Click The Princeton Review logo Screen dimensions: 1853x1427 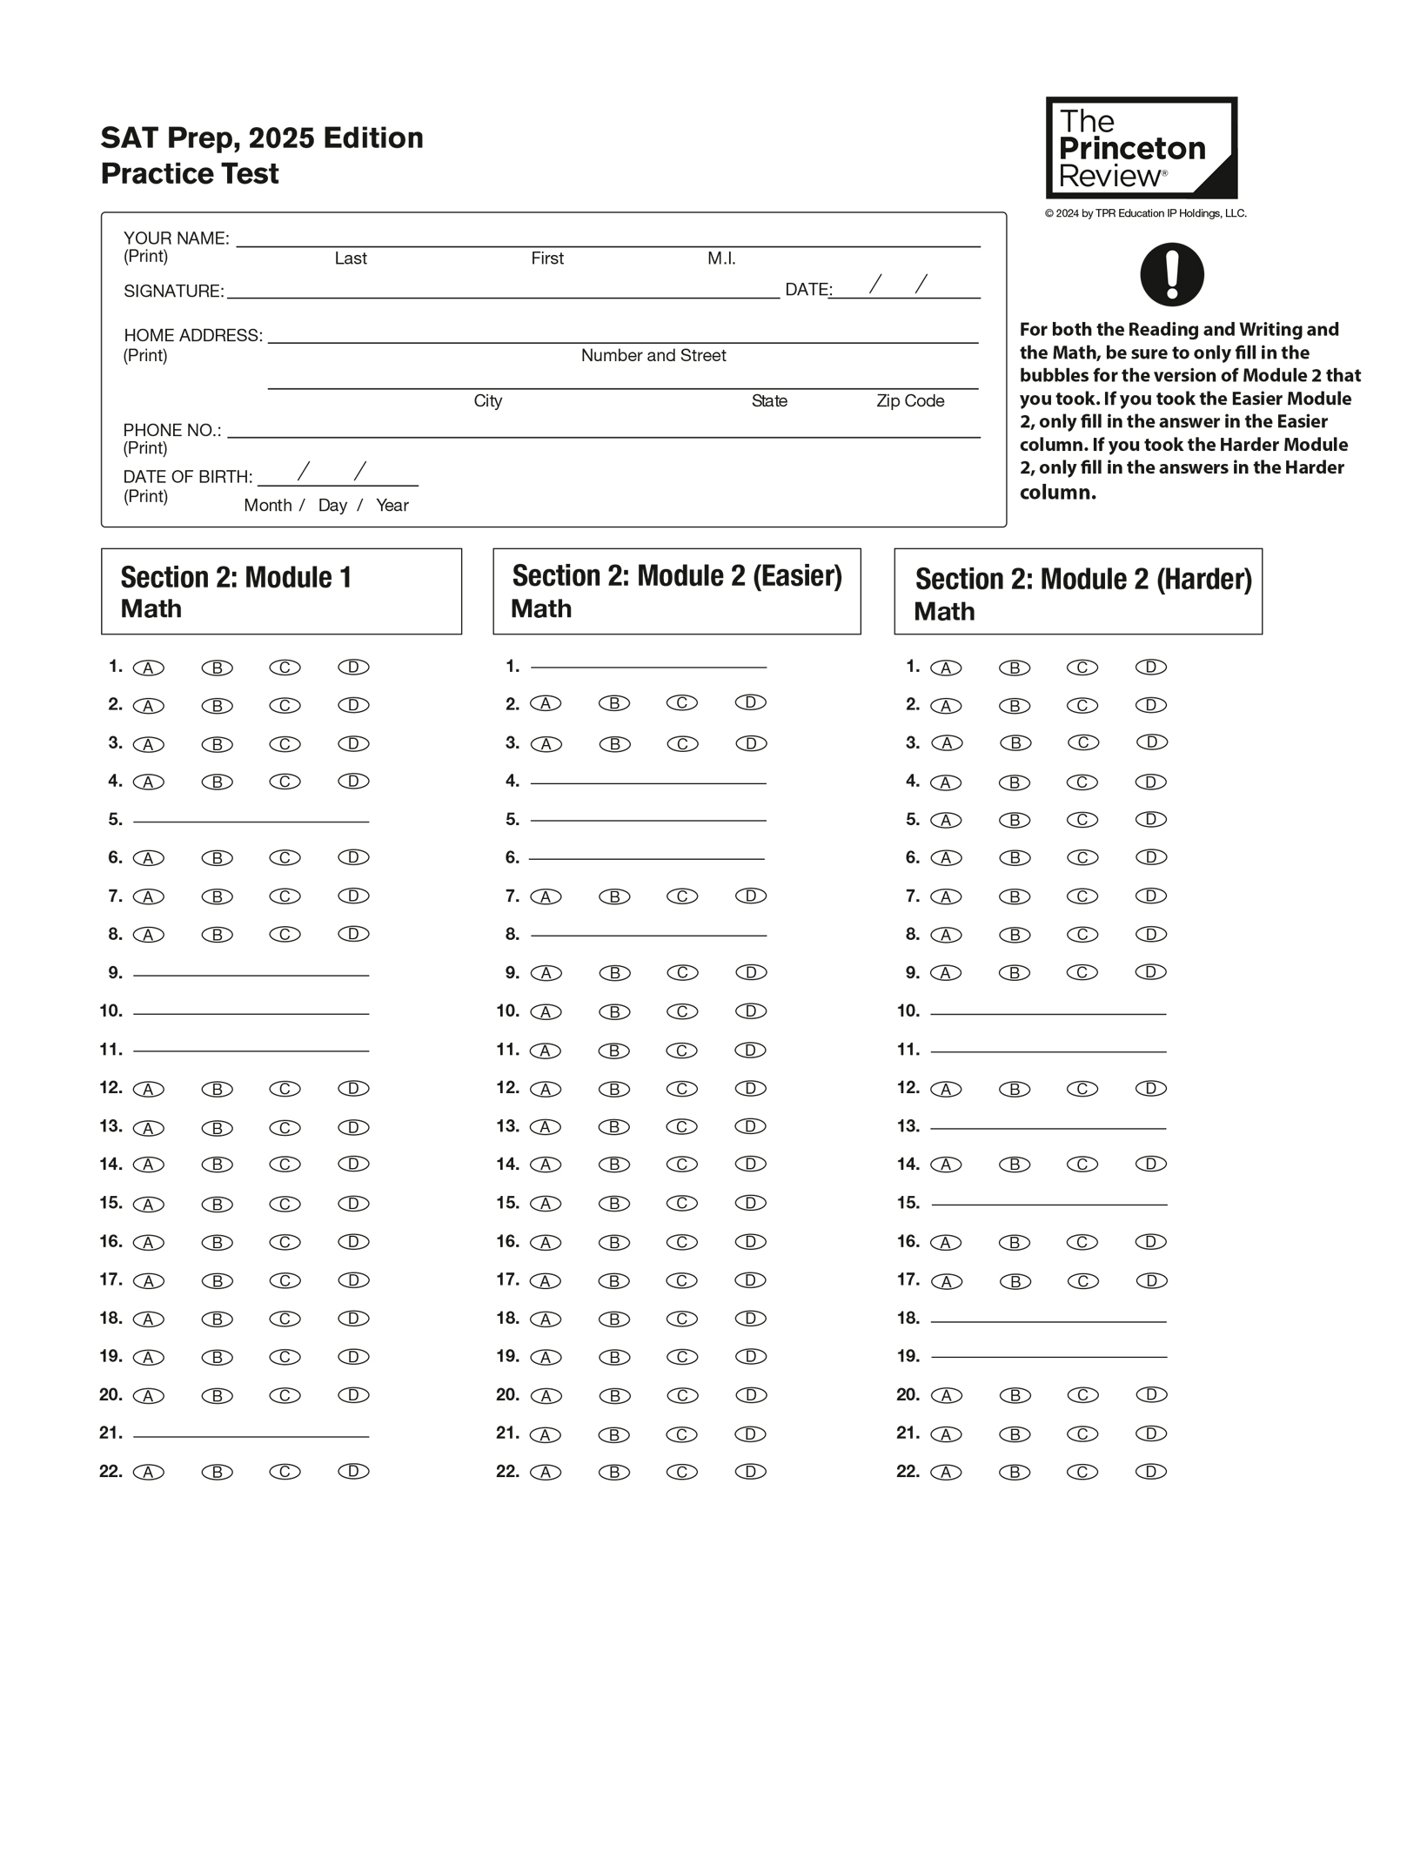pos(1140,148)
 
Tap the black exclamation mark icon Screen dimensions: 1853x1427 pos(1171,274)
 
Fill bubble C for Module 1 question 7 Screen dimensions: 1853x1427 pos(285,896)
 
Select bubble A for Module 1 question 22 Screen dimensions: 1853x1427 pos(149,1472)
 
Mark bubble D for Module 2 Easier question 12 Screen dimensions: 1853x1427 pos(750,1088)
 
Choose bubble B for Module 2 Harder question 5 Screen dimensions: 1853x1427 pos(1015,820)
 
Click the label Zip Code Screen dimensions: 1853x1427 pos(909,401)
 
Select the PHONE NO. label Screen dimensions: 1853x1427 pos(171,431)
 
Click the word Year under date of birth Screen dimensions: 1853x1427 pos(392,506)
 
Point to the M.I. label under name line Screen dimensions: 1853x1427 pos(721,258)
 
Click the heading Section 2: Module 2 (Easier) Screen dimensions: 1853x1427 pos(676,576)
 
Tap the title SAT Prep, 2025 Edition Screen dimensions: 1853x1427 pos(262,138)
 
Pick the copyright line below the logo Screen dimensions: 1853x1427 pos(1145,213)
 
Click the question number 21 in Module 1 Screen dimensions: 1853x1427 pos(111,1433)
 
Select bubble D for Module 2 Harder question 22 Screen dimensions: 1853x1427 pos(1150,1472)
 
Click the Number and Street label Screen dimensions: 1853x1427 pos(653,355)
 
